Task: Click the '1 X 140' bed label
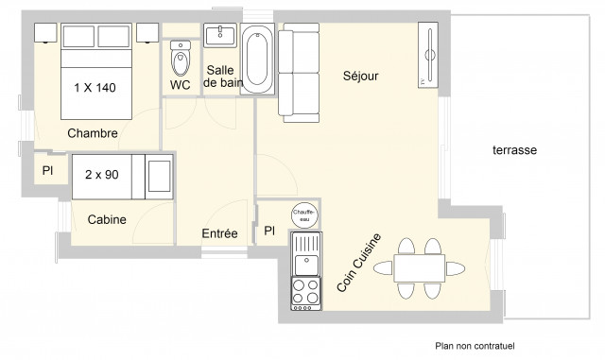(x=95, y=88)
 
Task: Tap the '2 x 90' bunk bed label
(x=101, y=175)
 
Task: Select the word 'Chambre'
(x=92, y=133)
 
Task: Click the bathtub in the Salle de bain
(x=257, y=59)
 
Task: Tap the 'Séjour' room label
(x=360, y=77)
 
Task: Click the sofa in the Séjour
(x=301, y=74)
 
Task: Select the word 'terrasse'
(x=514, y=150)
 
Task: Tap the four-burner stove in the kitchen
(x=304, y=292)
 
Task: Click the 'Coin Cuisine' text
(x=359, y=262)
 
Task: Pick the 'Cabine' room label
(x=107, y=220)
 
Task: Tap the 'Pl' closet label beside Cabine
(x=46, y=171)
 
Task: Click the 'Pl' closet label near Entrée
(x=268, y=231)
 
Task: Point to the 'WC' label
(x=180, y=85)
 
